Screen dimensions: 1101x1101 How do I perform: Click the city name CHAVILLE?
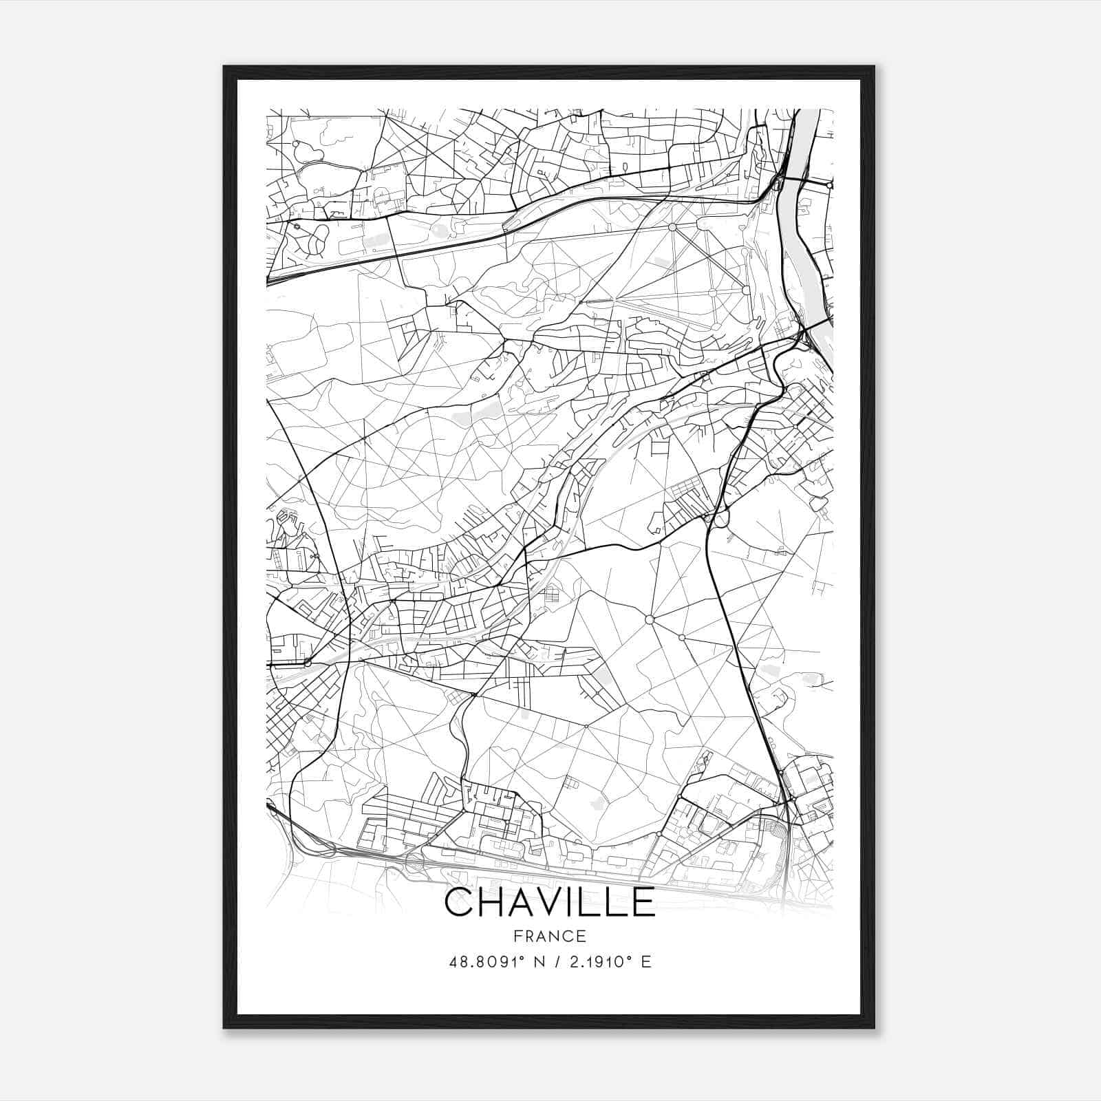550,902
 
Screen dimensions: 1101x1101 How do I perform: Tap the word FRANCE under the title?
550,936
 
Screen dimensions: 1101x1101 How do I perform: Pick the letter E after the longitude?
645,962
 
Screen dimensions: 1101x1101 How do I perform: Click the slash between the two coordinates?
555,962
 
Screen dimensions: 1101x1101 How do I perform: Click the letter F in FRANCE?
516,936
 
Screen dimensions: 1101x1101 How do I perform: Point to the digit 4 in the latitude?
453,962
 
